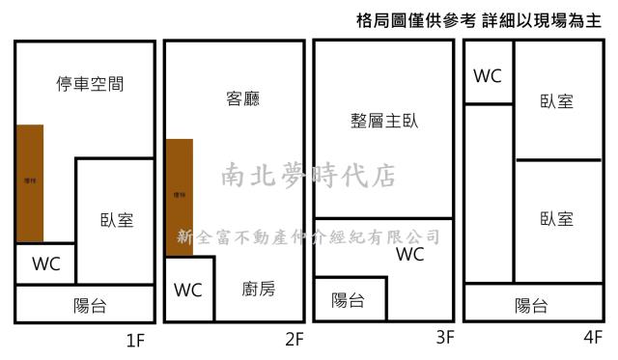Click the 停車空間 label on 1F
[x=90, y=84]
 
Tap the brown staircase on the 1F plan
[x=30, y=182]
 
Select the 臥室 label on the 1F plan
[x=116, y=219]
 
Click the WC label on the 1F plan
[x=46, y=263]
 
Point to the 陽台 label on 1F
[x=90, y=306]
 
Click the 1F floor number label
[x=135, y=339]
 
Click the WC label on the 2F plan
[x=188, y=290]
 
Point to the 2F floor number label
[x=294, y=339]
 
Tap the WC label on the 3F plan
[x=410, y=255]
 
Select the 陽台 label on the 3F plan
[x=348, y=300]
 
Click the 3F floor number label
[x=444, y=339]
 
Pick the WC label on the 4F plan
[x=488, y=75]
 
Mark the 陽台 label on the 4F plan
[x=531, y=306]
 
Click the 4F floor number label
[x=593, y=339]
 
